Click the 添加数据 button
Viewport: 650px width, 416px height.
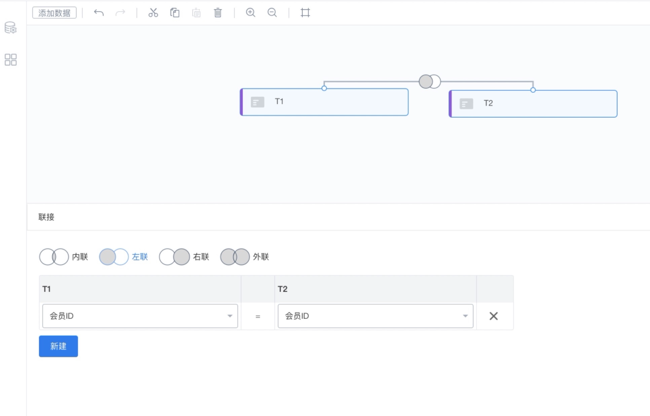54,13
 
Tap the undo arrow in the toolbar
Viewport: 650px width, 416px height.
99,13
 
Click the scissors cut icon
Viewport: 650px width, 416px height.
153,13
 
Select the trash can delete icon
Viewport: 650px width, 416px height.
218,13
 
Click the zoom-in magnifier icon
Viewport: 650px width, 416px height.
250,12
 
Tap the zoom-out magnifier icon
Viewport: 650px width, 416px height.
272,12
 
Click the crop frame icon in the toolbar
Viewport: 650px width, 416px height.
305,13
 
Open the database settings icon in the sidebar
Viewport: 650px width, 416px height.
11,28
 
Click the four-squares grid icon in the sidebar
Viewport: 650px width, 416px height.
11,60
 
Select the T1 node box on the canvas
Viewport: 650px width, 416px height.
324,102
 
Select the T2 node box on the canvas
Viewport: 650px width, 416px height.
533,104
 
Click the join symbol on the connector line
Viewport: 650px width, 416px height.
430,81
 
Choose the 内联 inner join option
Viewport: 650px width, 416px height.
64,256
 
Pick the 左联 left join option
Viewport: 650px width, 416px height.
124,256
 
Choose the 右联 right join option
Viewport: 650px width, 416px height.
184,256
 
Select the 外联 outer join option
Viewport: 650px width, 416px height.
245,256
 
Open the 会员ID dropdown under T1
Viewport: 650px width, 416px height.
140,316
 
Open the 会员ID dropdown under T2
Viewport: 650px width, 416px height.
375,316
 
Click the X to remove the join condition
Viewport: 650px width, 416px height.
494,316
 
